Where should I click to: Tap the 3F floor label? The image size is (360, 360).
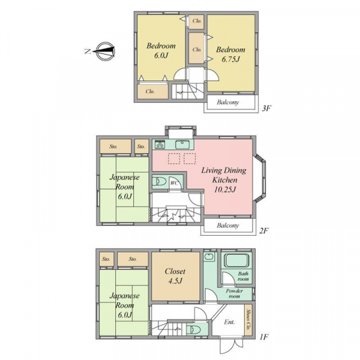267,109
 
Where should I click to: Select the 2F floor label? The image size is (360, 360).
264,231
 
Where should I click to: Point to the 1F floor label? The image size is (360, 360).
264,337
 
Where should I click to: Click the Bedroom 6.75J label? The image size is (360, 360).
230,55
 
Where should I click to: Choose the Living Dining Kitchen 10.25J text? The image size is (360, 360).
224,180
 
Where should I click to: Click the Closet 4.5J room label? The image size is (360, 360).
175,276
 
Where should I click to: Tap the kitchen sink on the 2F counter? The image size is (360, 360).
183,145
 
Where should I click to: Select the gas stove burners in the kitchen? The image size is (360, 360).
160,144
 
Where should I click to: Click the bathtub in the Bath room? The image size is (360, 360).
236,260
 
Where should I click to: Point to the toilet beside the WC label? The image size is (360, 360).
159,182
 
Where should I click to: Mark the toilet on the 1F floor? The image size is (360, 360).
194,329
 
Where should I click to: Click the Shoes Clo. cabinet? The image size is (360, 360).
248,319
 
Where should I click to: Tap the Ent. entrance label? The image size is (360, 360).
229,322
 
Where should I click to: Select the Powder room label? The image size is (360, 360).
234,293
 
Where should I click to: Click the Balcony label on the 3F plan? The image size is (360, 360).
228,102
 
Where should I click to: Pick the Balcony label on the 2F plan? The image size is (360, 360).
228,226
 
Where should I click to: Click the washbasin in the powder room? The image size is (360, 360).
209,257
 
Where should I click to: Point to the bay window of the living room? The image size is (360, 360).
260,179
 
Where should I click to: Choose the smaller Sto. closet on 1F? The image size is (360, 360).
106,259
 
